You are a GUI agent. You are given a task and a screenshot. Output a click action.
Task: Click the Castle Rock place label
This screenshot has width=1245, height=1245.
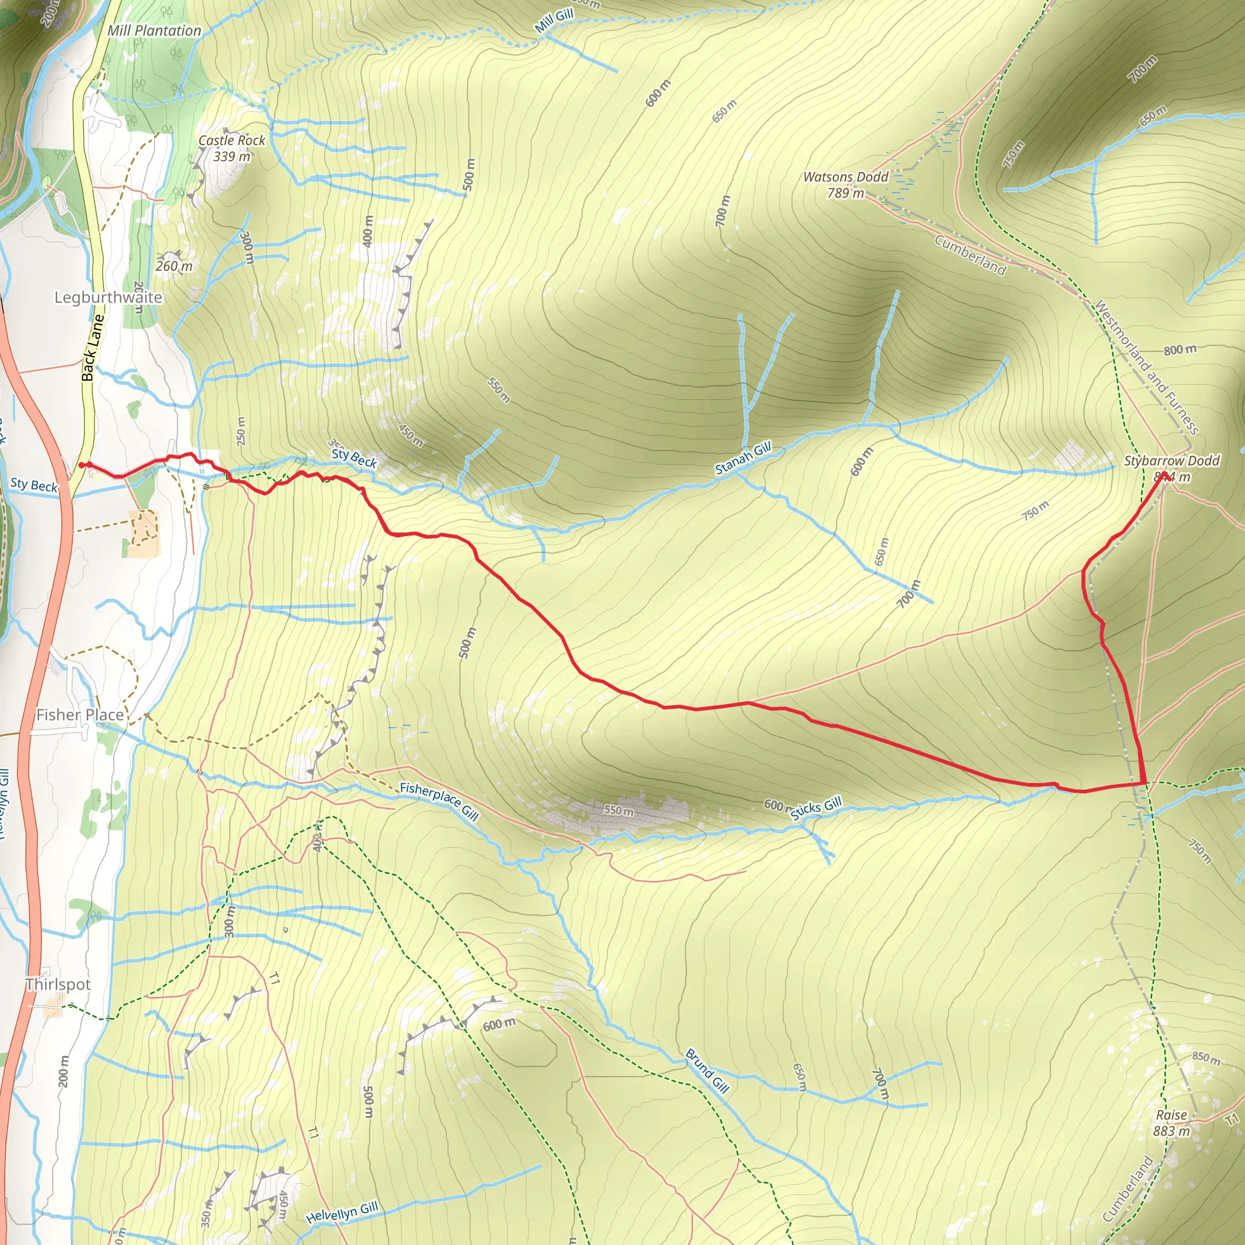[x=232, y=140]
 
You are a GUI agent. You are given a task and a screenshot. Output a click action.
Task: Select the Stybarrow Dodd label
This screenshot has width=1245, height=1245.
[x=1171, y=461]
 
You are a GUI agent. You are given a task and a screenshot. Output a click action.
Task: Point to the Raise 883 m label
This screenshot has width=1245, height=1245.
[x=1171, y=1123]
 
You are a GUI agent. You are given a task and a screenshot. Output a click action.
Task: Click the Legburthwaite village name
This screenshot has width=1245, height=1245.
[x=108, y=297]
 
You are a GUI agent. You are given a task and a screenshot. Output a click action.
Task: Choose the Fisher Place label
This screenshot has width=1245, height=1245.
[x=80, y=715]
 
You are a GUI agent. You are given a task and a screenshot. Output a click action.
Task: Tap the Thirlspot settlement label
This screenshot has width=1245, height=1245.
[x=58, y=984]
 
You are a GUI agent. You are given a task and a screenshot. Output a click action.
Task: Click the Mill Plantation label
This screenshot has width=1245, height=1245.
[x=154, y=30]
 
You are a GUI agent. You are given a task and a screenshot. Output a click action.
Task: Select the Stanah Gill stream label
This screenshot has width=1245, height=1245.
[x=743, y=458]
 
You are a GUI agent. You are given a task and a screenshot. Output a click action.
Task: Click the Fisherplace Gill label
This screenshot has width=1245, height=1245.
[x=440, y=802]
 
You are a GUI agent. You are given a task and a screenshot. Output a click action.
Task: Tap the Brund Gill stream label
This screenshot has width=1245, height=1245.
[x=707, y=1071]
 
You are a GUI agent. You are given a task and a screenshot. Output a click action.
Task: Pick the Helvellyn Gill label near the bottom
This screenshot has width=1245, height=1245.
[x=342, y=1212]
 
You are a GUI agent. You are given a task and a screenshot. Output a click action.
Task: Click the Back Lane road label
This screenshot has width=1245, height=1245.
[x=92, y=347]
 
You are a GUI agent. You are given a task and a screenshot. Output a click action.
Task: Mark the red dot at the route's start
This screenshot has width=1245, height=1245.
[x=82, y=464]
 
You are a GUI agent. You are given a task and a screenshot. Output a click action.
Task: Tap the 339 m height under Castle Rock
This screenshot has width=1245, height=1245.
[x=232, y=157]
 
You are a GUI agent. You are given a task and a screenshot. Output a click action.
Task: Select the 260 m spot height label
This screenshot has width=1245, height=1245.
[x=174, y=266]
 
